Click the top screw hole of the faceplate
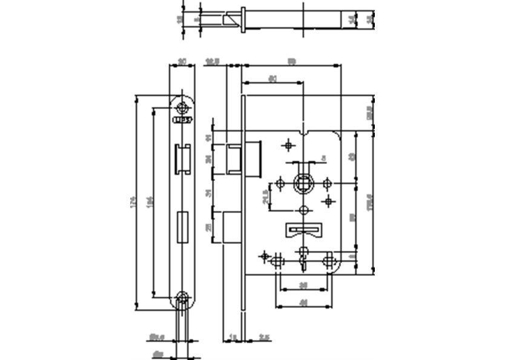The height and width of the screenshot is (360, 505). pyautogui.click(x=182, y=108)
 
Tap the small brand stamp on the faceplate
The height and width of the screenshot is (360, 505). pyautogui.click(x=182, y=120)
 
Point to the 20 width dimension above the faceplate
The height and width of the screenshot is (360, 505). pyautogui.click(x=182, y=60)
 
